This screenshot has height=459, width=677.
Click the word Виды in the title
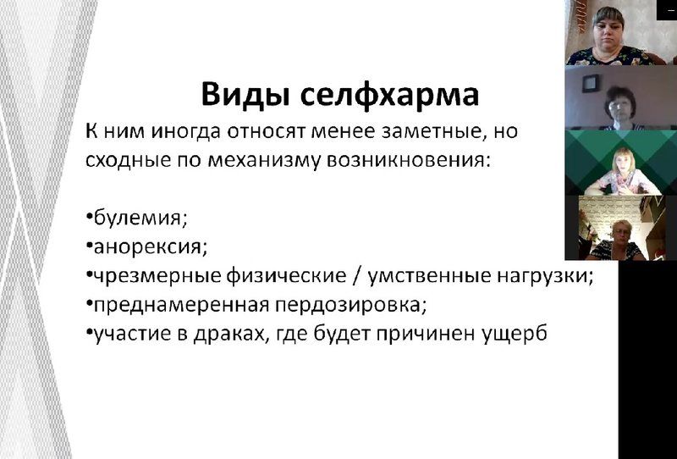[x=245, y=95]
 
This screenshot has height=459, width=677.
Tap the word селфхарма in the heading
[x=389, y=96]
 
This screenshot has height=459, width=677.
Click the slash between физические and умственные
[x=356, y=276]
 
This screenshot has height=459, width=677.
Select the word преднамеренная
[x=181, y=305]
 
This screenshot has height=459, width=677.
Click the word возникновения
[x=409, y=160]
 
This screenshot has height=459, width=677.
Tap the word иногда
[x=185, y=131]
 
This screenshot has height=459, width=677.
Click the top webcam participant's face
[x=608, y=29]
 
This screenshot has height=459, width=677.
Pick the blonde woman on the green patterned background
[x=622, y=172]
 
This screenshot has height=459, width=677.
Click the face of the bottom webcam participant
[x=622, y=233]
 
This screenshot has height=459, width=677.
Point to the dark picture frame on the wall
[x=590, y=83]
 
